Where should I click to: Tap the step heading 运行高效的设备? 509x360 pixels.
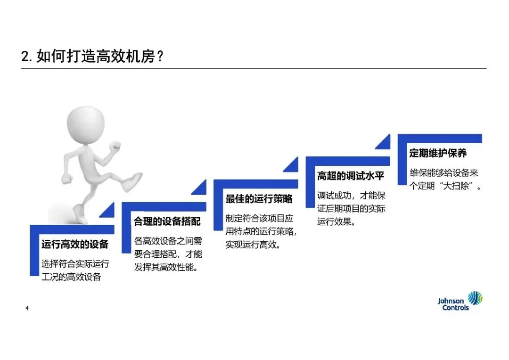click(x=75, y=244)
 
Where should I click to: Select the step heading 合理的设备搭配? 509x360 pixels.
click(x=167, y=221)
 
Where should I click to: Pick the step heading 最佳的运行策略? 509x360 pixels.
click(x=259, y=199)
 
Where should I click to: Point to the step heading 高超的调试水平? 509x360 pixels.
click(x=351, y=176)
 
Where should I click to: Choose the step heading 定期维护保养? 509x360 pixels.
click(x=438, y=154)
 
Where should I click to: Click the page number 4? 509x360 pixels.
click(x=27, y=308)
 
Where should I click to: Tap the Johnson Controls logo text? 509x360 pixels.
click(x=453, y=304)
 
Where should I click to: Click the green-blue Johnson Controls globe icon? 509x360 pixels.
click(x=476, y=299)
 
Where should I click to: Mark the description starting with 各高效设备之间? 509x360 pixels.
click(x=168, y=254)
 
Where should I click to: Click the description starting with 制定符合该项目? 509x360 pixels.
click(x=260, y=232)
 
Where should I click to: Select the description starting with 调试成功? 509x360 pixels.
click(x=351, y=208)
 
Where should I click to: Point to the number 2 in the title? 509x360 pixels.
click(x=25, y=57)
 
